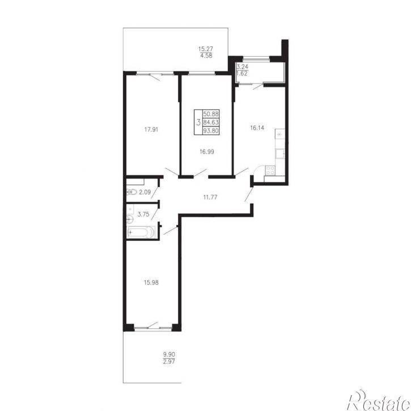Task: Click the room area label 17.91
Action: tap(151, 129)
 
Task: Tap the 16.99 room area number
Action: tap(206, 152)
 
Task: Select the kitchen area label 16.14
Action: tap(257, 128)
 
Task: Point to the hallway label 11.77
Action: tap(210, 197)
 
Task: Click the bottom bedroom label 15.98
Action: tap(151, 282)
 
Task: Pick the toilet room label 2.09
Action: tap(145, 192)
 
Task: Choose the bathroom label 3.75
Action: tap(143, 214)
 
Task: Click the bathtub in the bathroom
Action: tap(141, 232)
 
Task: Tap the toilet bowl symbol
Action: tap(132, 192)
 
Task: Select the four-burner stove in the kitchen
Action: tap(270, 171)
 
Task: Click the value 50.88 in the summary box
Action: tap(211, 114)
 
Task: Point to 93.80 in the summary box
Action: tap(211, 130)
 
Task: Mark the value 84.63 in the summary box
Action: tap(211, 122)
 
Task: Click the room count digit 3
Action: tap(198, 122)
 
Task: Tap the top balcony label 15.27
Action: tap(206, 49)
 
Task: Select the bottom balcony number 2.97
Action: tap(169, 362)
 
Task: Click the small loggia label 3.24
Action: tap(242, 66)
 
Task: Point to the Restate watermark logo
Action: tap(379, 401)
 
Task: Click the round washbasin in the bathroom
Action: tap(129, 218)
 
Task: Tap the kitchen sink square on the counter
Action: tap(279, 154)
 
